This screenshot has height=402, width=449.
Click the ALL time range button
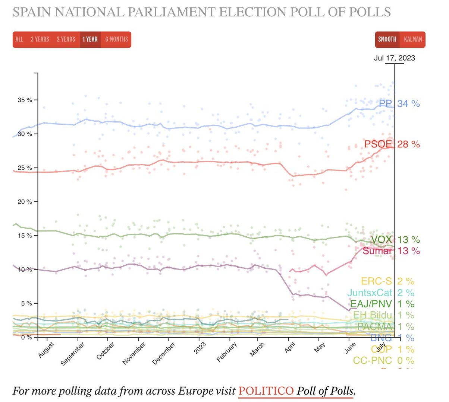[19, 39]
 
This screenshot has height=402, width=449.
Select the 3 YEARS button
[40, 39]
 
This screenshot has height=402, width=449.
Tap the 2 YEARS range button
[66, 39]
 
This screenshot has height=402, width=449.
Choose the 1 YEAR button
[90, 39]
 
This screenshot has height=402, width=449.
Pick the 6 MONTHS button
[116, 39]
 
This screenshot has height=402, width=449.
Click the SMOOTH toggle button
[387, 39]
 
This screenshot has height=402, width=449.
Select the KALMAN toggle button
[413, 39]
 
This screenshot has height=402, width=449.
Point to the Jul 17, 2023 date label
[395, 58]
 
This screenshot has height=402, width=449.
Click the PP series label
[385, 103]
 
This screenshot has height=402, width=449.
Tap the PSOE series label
[378, 144]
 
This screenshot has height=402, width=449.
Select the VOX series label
[382, 240]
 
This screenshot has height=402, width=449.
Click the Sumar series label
[377, 251]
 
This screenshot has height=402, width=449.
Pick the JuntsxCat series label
[370, 293]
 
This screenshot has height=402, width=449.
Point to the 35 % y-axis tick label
[25, 100]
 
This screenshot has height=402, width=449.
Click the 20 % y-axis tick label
[25, 202]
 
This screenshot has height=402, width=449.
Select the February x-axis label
[227, 352]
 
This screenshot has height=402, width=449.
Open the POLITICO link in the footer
[266, 391]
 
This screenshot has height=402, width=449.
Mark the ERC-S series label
[376, 281]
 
